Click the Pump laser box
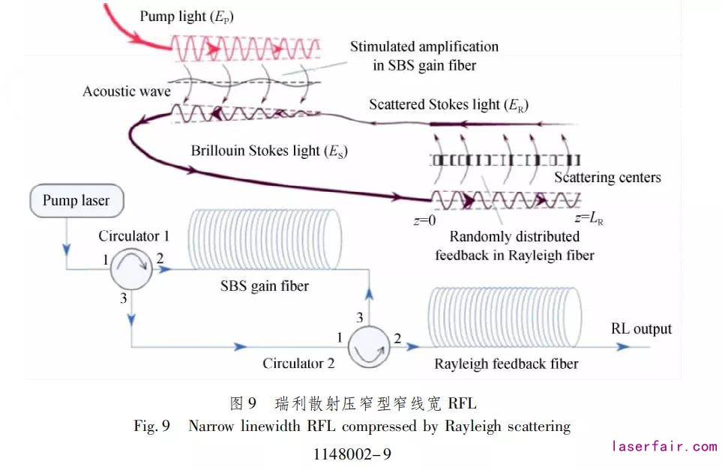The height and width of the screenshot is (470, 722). (76, 201)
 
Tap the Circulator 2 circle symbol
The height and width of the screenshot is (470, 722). (369, 346)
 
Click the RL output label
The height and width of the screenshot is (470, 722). (641, 329)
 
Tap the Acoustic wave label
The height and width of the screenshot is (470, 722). (127, 91)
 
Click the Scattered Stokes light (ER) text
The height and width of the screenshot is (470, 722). (448, 105)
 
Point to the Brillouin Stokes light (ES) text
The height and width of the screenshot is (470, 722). (268, 151)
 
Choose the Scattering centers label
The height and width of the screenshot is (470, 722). (607, 178)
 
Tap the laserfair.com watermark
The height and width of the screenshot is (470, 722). (664, 447)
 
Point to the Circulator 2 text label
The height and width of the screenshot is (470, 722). (298, 364)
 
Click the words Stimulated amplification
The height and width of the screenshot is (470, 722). (424, 46)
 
